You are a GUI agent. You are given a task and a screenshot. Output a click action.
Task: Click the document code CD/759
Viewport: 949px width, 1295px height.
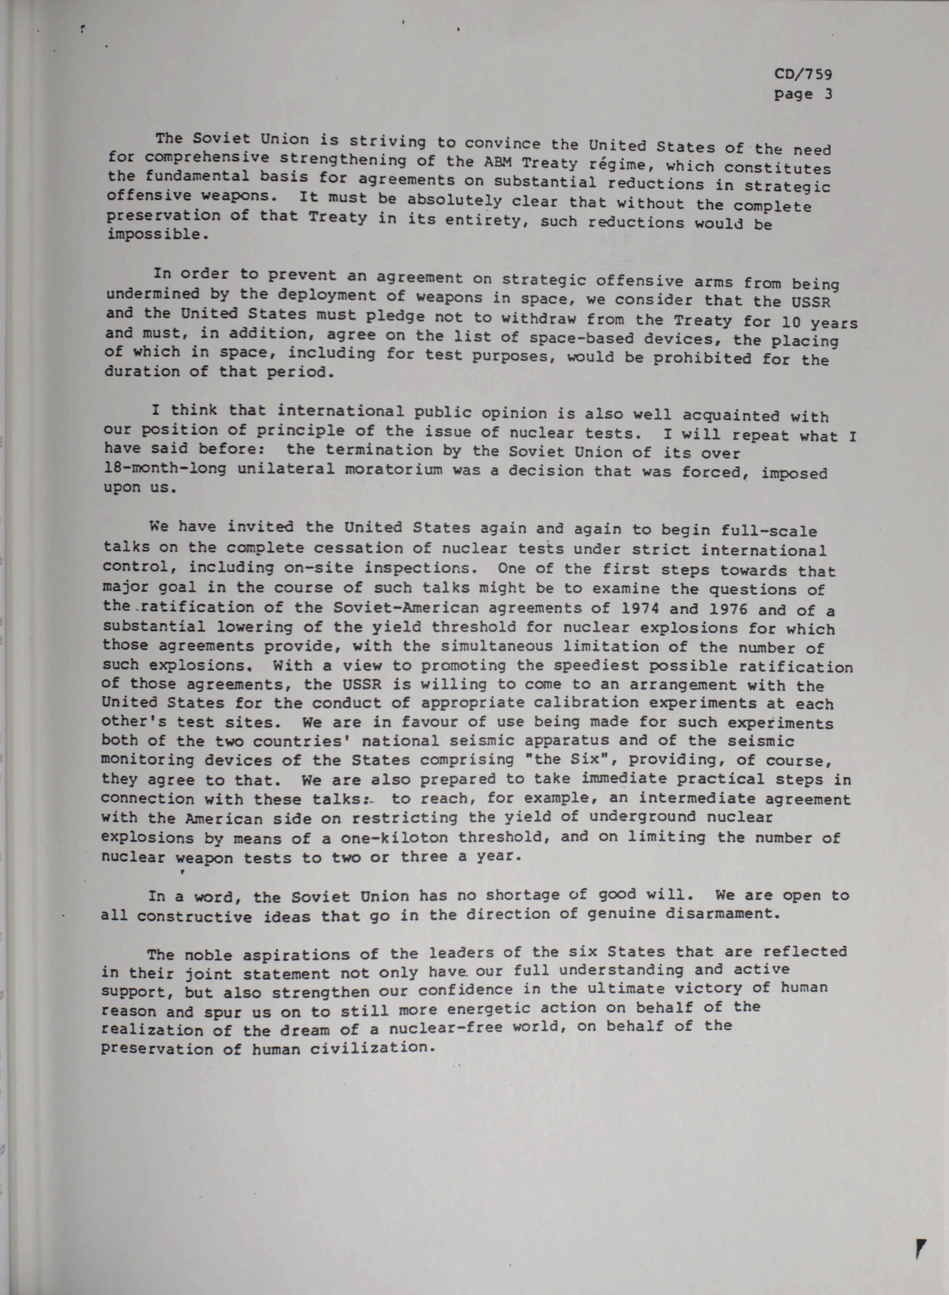[x=803, y=74]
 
